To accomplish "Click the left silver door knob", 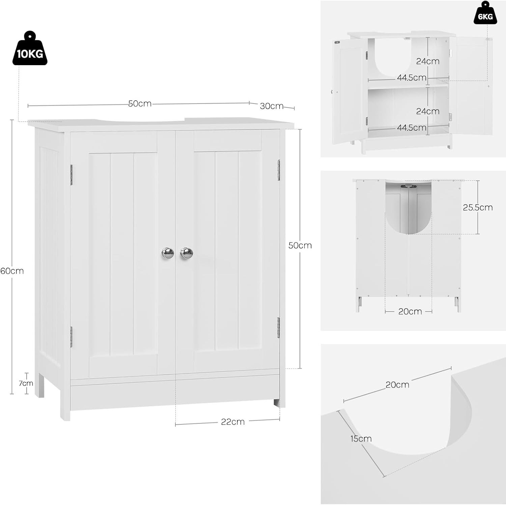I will [168, 253].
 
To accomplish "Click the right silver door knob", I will [187, 253].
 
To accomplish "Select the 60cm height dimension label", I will [12, 271].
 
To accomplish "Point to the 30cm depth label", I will [272, 106].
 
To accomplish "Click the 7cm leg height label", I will [26, 383].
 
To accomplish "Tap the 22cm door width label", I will [233, 422].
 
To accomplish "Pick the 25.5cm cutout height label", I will [478, 207].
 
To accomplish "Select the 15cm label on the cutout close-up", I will [361, 438].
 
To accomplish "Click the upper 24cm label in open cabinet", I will [428, 61].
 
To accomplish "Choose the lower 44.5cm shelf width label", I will [412, 128].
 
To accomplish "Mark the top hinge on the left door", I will [72, 172].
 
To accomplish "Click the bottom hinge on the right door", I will [279, 327].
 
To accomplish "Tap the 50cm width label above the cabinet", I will [140, 104].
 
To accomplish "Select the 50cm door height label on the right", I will [300, 245].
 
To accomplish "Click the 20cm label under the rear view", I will [410, 311].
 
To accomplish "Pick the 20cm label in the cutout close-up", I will [397, 384].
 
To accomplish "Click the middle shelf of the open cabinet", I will [408, 86].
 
